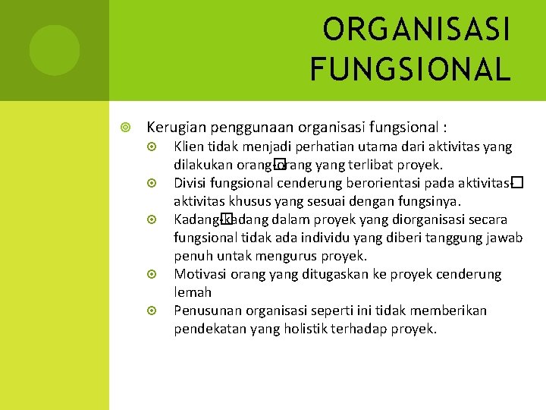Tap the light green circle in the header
tap(55, 49)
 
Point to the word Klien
tap(188, 147)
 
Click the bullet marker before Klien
tap(152, 147)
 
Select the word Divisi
tap(190, 183)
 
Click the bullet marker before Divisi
tap(152, 183)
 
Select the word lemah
tap(193, 292)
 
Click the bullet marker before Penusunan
tap(152, 311)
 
